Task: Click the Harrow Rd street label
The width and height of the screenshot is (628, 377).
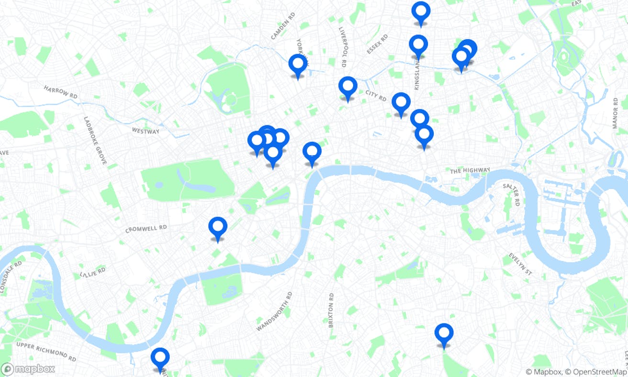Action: [x=60, y=92]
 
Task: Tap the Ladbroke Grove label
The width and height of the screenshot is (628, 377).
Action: [x=95, y=140]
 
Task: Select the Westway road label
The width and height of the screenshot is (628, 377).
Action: [x=146, y=130]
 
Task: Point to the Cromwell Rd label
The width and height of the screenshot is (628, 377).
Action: [x=146, y=228]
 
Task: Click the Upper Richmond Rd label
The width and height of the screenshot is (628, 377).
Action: [x=46, y=352]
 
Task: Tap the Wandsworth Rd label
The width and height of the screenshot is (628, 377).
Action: [x=274, y=311]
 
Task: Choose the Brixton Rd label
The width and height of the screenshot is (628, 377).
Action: [x=331, y=310]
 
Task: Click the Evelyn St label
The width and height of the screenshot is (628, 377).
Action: [x=520, y=264]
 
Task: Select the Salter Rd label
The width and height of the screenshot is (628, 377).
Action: [x=511, y=194]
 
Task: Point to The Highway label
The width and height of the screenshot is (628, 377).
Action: [x=470, y=171]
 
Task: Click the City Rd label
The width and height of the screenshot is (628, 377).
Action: [x=376, y=96]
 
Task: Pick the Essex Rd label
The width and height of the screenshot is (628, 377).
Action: [x=377, y=45]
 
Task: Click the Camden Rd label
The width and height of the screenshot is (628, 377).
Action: [x=283, y=26]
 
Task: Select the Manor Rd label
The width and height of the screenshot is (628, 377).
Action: [x=616, y=114]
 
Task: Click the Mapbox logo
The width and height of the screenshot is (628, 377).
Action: [x=28, y=369]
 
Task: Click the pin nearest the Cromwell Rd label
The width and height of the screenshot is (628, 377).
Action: [x=218, y=228]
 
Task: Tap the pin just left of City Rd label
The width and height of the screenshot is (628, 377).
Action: [x=348, y=88]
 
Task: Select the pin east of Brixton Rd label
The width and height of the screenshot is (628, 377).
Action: [x=444, y=334]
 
